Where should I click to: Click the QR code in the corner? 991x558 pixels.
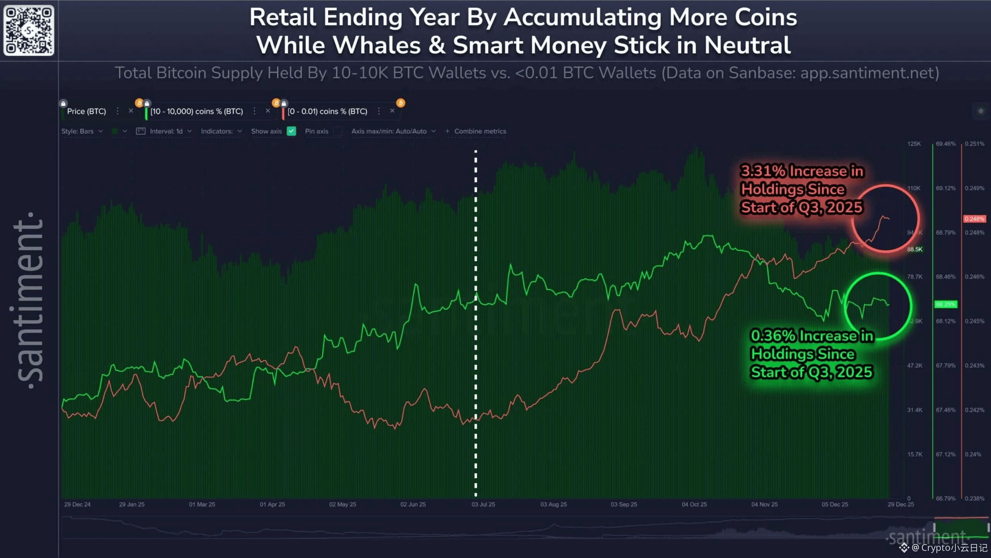click(29, 30)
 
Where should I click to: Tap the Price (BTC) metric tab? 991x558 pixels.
click(86, 112)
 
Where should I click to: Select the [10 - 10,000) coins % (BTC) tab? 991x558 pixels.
click(197, 112)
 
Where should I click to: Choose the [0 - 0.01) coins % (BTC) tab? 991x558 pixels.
click(327, 112)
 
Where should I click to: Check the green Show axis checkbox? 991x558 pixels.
click(291, 131)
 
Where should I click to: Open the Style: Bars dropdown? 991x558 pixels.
click(82, 131)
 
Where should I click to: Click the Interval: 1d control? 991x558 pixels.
click(166, 131)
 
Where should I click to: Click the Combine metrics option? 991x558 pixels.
click(480, 131)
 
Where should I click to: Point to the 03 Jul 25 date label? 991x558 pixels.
click(483, 505)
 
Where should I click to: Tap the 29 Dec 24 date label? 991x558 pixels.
click(77, 505)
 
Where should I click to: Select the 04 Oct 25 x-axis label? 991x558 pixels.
click(694, 505)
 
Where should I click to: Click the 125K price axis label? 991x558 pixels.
click(914, 144)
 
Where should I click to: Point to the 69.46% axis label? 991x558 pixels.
click(946, 144)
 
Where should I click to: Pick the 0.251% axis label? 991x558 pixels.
click(974, 144)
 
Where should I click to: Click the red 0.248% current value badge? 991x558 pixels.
click(974, 219)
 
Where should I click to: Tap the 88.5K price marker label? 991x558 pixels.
click(915, 249)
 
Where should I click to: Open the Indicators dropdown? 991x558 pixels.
click(221, 131)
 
